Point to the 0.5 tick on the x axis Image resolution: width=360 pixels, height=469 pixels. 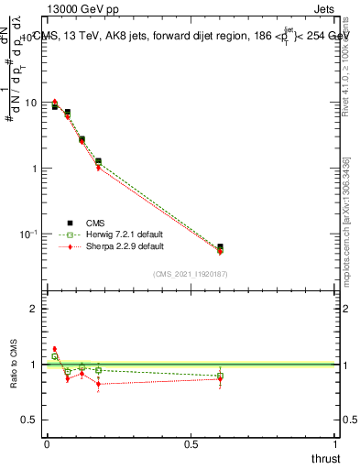click(x=191, y=444)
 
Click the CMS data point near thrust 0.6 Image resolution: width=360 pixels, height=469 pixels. click(x=220, y=247)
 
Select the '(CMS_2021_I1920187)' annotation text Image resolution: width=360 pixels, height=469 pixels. click(x=190, y=274)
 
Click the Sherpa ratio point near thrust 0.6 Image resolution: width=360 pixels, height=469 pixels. click(x=220, y=378)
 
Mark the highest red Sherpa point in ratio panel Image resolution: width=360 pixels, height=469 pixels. click(x=54, y=349)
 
